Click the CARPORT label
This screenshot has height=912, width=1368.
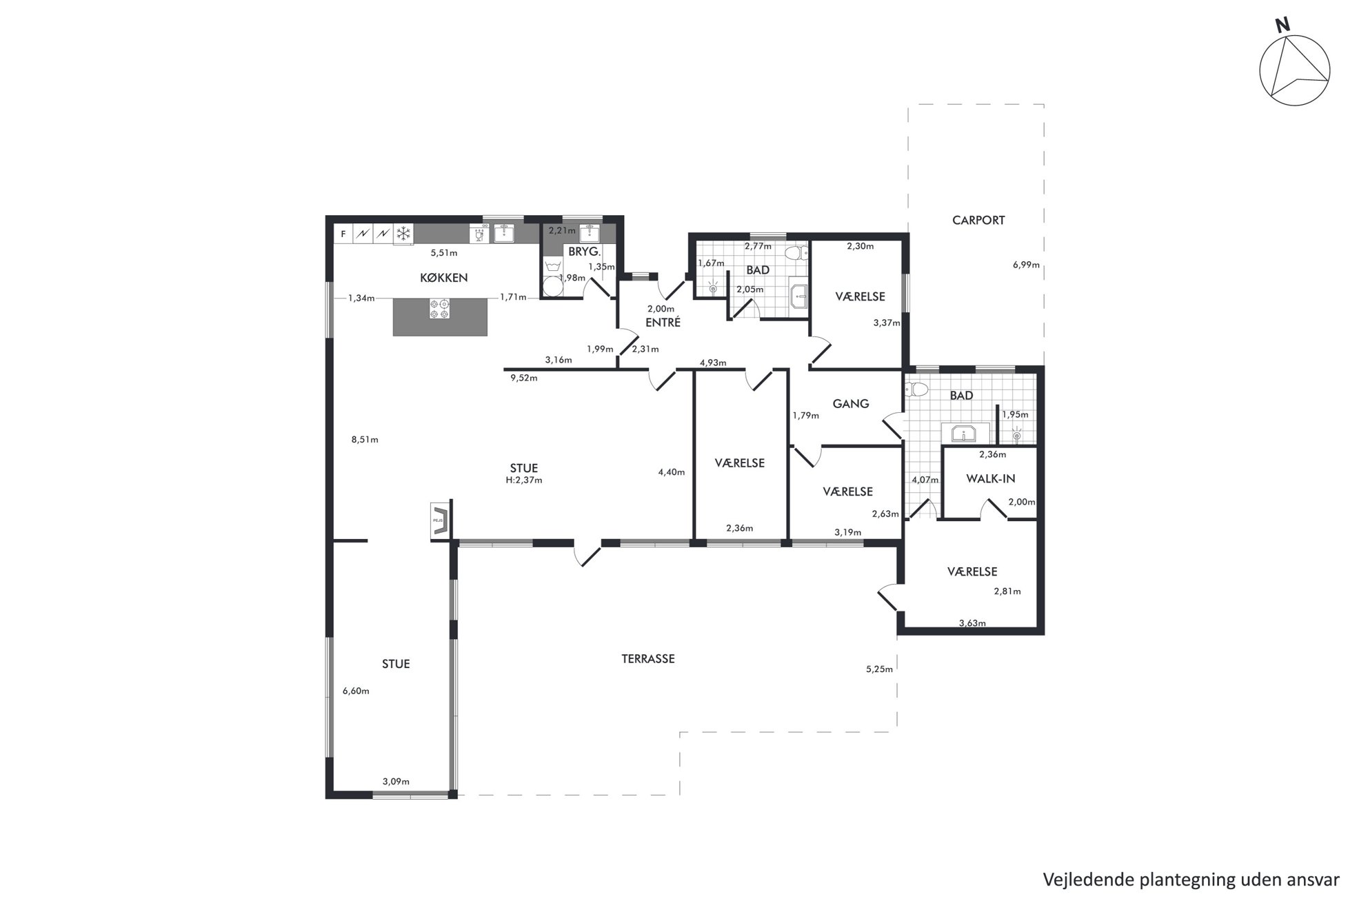pyautogui.click(x=978, y=221)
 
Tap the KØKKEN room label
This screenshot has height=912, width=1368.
pyautogui.click(x=444, y=278)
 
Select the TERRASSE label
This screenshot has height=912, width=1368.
pyautogui.click(x=648, y=659)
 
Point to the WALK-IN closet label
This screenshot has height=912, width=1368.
pyautogui.click(x=991, y=478)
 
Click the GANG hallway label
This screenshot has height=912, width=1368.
pyautogui.click(x=851, y=404)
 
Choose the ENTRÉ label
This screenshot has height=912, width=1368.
pyautogui.click(x=663, y=322)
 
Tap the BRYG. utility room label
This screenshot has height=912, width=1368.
pyautogui.click(x=585, y=252)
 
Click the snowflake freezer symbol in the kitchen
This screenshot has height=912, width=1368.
pyautogui.click(x=403, y=234)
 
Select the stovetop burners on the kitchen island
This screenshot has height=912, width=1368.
pyautogui.click(x=440, y=309)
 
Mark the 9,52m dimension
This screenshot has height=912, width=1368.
pyautogui.click(x=524, y=378)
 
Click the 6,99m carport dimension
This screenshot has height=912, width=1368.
pyautogui.click(x=1026, y=265)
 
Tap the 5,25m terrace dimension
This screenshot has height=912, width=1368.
pyautogui.click(x=879, y=669)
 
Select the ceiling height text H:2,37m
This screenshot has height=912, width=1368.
pyautogui.click(x=524, y=480)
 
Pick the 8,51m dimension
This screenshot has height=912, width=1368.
pyautogui.click(x=365, y=440)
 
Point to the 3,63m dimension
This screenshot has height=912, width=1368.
pyautogui.click(x=972, y=624)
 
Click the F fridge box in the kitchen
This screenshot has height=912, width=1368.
pyautogui.click(x=343, y=234)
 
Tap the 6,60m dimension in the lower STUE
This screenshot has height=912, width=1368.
pyautogui.click(x=356, y=691)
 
